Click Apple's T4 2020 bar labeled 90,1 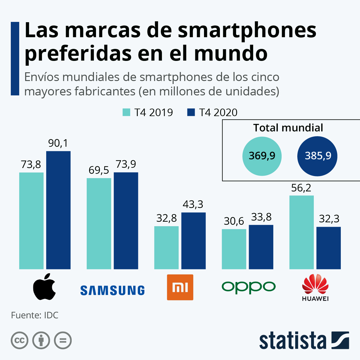click(58, 210)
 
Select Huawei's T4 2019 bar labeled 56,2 click(301, 232)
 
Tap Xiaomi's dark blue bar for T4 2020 click(193, 241)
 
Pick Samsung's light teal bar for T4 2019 click(99, 223)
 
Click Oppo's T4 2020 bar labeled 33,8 click(261, 247)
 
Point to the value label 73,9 click(126, 164)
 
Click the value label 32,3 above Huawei click(329, 219)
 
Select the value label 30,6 click(234, 221)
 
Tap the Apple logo click(44, 287)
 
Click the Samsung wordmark click(112, 290)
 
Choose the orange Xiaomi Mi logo click(180, 287)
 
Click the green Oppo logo click(249, 287)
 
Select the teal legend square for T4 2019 click(126, 112)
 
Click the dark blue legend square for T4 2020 click(191, 112)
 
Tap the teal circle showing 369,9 click(262, 156)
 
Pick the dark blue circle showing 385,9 click(317, 156)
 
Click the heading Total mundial click(288, 128)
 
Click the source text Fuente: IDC click(35, 315)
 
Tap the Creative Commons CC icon click(20, 340)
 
